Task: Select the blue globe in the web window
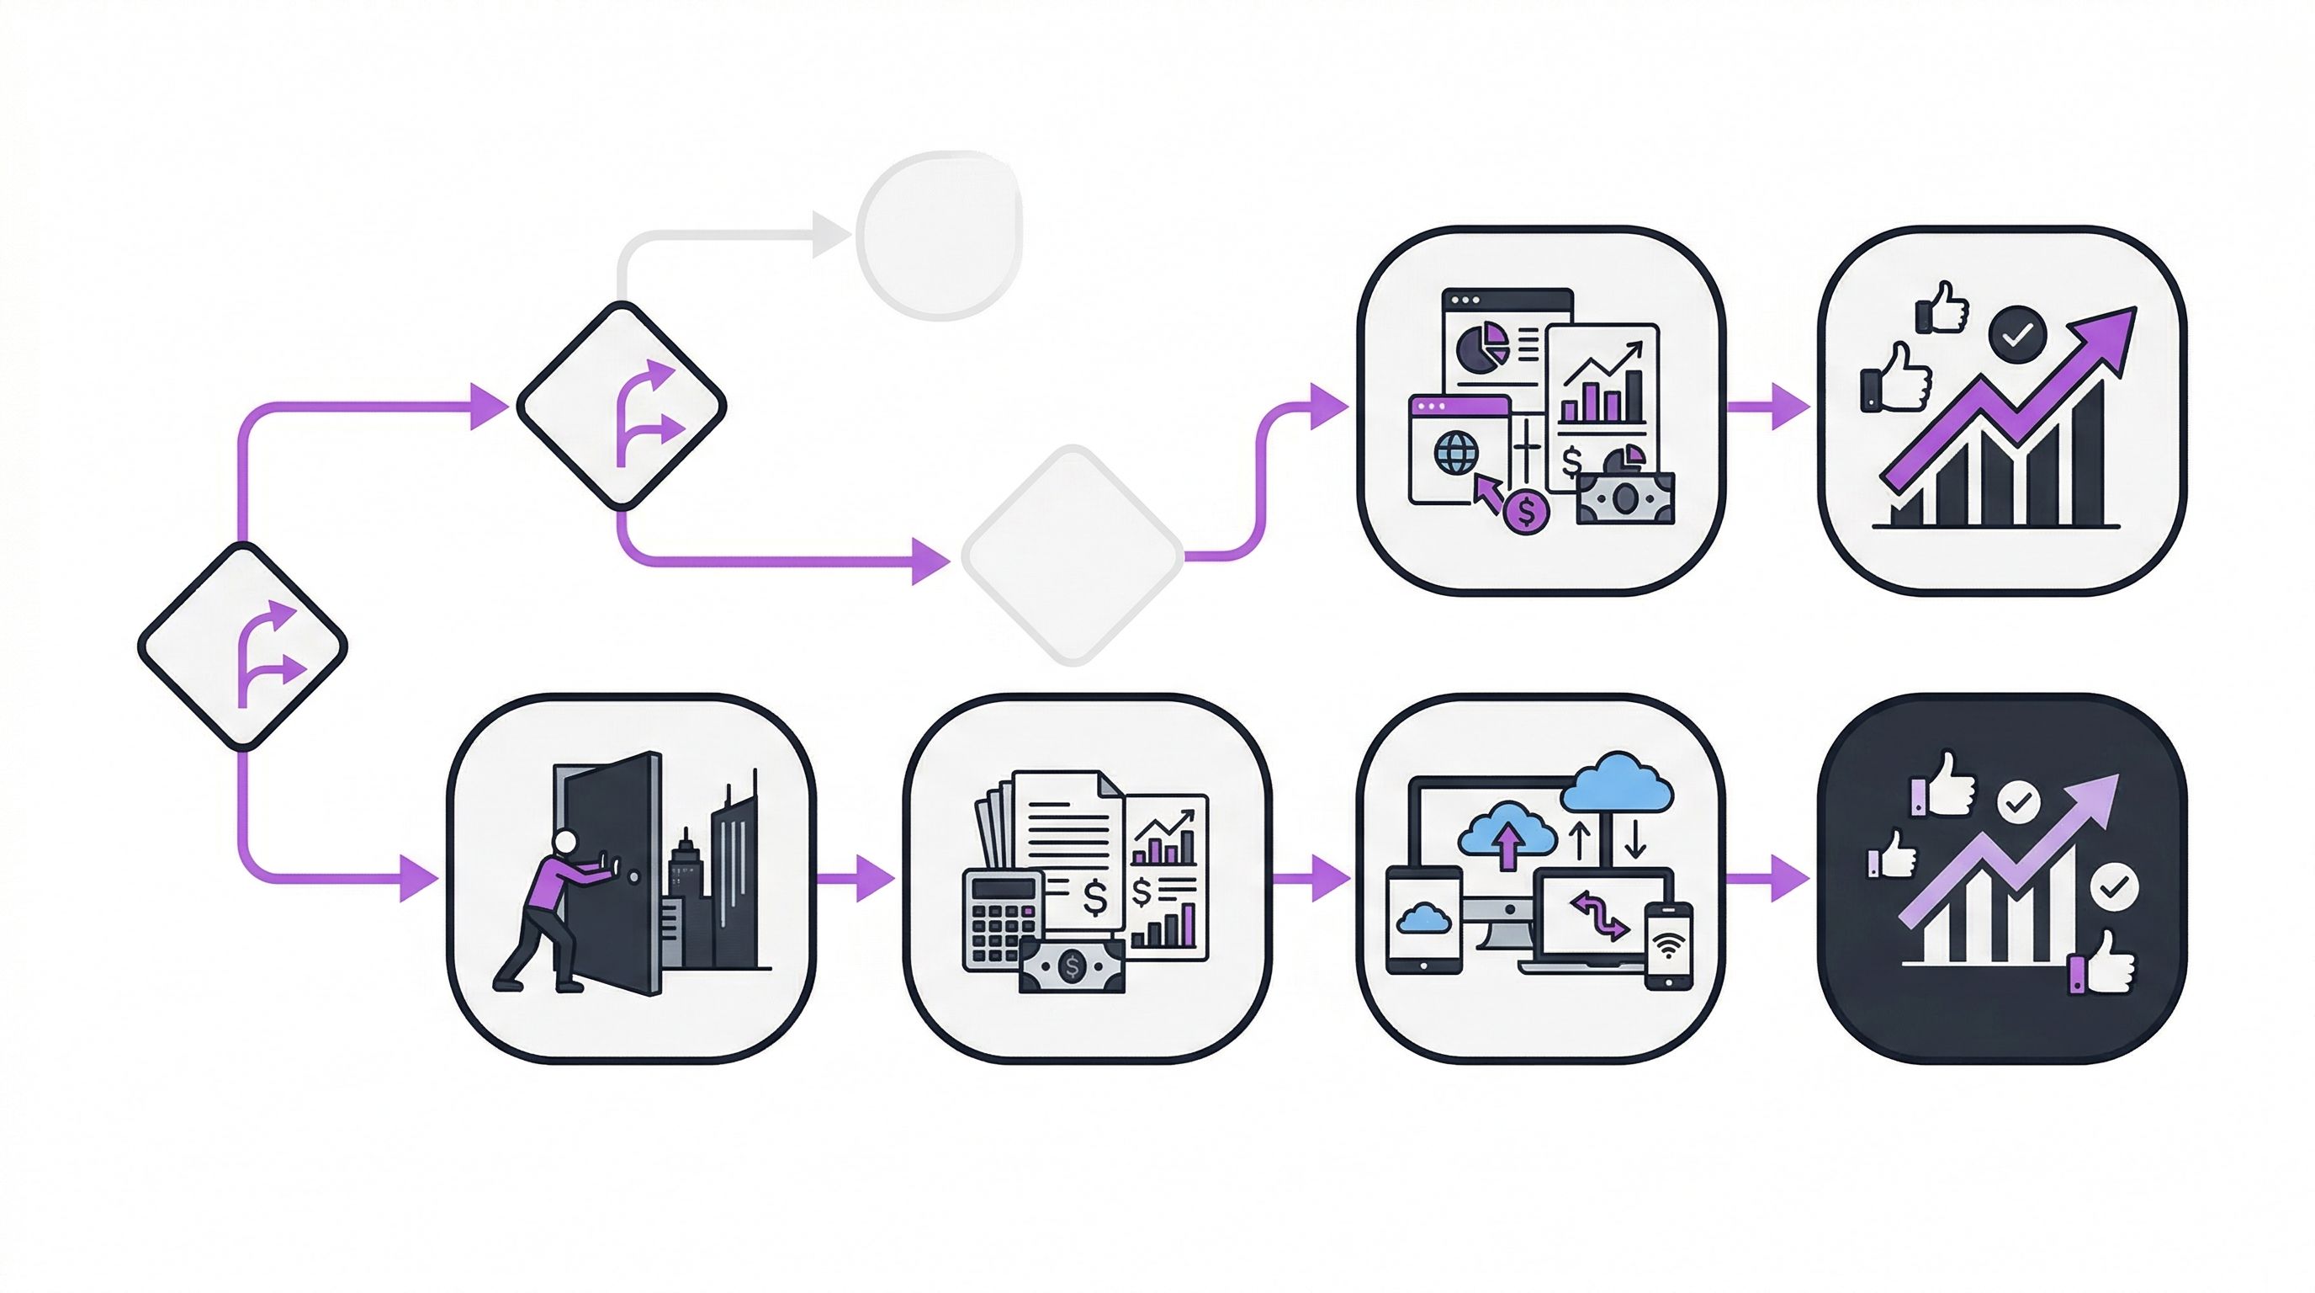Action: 1456,453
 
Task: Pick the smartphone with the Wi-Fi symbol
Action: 1669,946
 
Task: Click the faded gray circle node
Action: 939,236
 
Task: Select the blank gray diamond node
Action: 1073,556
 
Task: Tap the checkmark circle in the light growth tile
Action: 2017,334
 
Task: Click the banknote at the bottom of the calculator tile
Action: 1071,966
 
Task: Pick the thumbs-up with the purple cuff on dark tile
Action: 2103,964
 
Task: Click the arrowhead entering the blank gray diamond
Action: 930,561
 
